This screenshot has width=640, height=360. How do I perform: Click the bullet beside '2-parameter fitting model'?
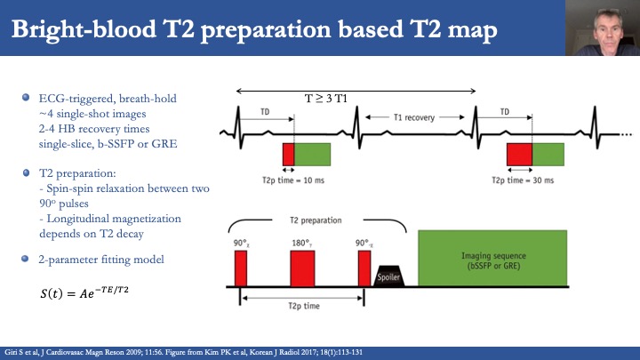click(x=27, y=258)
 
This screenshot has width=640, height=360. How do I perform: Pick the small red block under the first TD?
click(x=288, y=153)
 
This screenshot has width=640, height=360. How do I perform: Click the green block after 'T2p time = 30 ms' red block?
click(x=548, y=153)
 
